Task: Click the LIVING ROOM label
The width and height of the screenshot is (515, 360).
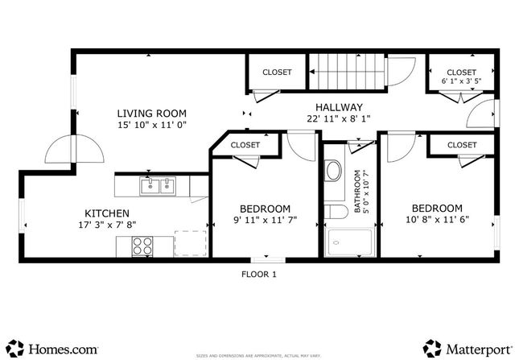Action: click(151, 114)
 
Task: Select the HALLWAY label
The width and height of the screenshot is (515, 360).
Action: click(338, 107)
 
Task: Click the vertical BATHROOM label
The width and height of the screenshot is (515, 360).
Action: click(358, 192)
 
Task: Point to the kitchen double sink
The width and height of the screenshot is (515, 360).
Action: click(159, 187)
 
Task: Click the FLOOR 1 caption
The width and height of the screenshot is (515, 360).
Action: click(258, 274)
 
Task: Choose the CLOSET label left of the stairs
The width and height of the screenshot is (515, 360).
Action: click(277, 72)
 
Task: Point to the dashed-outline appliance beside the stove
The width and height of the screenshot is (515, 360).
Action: click(190, 242)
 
